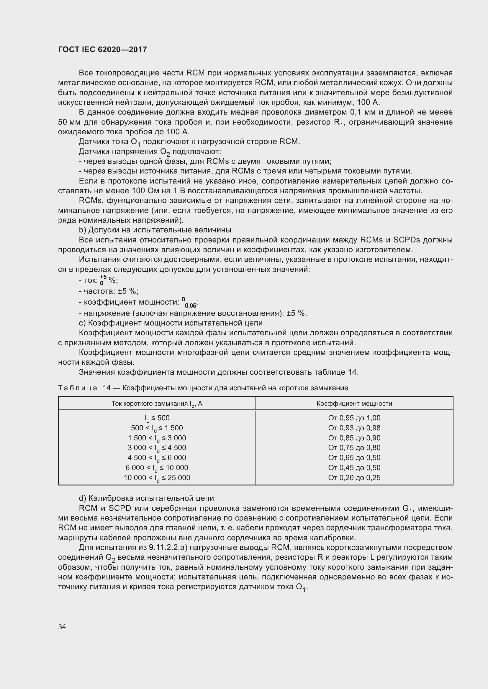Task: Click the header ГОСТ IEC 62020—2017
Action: pos(102,49)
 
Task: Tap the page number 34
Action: pos(62,627)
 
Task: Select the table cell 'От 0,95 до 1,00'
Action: pos(354,418)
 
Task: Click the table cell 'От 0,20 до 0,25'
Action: pos(354,477)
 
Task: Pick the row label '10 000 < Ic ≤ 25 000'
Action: pos(157,478)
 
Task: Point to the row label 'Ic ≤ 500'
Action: pos(157,418)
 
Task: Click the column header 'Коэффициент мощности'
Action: pos(354,404)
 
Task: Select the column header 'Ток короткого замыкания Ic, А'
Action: pos(157,404)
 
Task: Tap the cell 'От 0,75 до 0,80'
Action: pos(354,448)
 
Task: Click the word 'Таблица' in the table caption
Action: pos(78,388)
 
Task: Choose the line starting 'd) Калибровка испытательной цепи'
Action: pos(146,498)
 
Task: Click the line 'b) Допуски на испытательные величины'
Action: pos(155,230)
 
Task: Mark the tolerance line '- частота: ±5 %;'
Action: pos(109,291)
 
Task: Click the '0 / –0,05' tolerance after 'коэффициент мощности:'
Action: pos(189,303)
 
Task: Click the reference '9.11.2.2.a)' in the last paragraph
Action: pos(168,548)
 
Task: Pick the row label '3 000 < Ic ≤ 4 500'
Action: pos(157,448)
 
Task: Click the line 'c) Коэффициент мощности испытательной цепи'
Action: pos(171,323)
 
